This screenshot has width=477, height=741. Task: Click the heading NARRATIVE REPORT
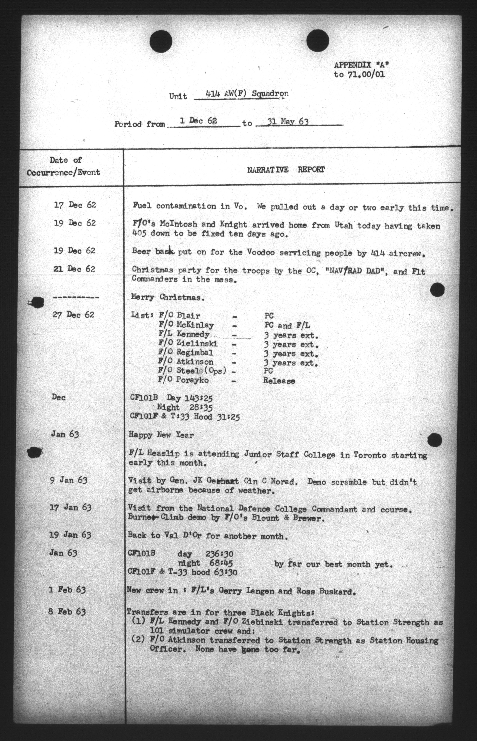(286, 170)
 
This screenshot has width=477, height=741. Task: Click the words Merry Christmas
(168, 297)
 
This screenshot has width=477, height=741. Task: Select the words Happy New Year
(161, 435)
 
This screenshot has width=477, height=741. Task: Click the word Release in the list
(279, 381)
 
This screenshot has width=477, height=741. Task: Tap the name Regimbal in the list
(194, 353)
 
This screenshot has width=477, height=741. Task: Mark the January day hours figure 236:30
(219, 554)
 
